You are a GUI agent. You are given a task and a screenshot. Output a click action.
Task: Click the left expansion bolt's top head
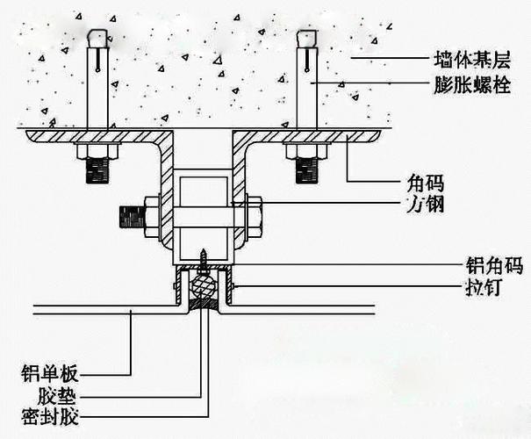pyautogui.click(x=97, y=36)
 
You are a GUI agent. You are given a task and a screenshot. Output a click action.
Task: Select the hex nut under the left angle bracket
pyautogui.click(x=97, y=151)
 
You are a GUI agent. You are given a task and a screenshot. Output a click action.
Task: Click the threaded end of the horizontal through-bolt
pyautogui.click(x=129, y=214)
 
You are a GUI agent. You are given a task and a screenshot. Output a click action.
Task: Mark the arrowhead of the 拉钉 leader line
pyautogui.click(x=234, y=286)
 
